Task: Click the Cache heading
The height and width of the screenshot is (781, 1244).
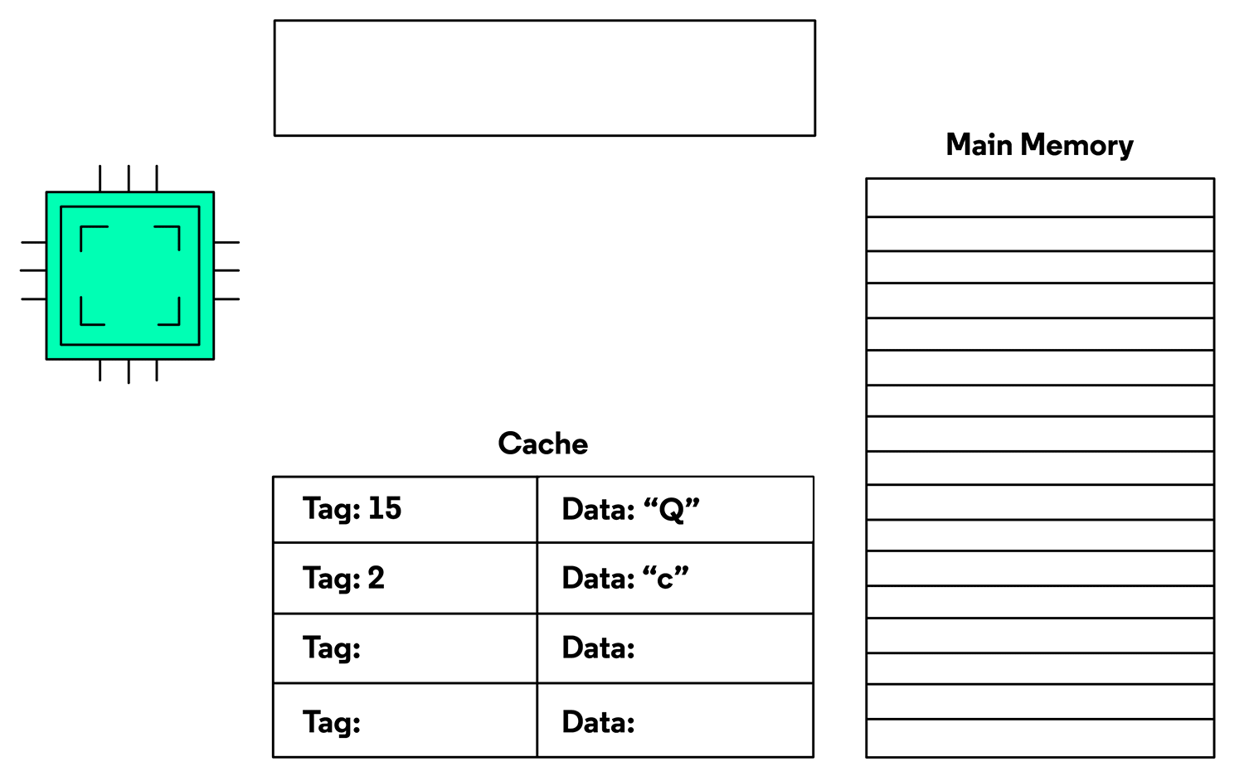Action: (x=542, y=444)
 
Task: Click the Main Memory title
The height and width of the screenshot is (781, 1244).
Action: (x=1040, y=145)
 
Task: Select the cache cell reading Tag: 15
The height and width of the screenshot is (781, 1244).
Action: (x=405, y=509)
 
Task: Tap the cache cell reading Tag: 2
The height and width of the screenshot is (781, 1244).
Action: (x=405, y=578)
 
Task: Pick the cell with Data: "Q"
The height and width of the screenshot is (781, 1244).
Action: (x=675, y=509)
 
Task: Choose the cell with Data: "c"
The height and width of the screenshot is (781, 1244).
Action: (x=675, y=578)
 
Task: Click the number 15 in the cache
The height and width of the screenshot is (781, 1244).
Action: (x=384, y=508)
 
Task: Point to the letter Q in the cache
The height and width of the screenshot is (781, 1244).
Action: (x=671, y=510)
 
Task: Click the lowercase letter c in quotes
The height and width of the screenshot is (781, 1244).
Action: (x=665, y=580)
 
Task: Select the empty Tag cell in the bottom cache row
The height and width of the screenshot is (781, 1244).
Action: (x=405, y=720)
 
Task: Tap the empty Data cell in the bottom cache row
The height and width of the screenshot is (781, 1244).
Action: (x=675, y=720)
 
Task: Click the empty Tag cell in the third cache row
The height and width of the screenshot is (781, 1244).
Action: (x=405, y=648)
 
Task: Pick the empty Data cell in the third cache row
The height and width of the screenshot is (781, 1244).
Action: (x=675, y=648)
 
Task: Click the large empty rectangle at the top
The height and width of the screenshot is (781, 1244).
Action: (x=545, y=78)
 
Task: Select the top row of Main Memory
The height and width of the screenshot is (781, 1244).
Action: (x=1040, y=197)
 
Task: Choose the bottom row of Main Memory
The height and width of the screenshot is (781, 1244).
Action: (x=1040, y=738)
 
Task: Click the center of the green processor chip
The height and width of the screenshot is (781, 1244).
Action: (x=130, y=276)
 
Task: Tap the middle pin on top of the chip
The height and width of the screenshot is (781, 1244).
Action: (x=129, y=178)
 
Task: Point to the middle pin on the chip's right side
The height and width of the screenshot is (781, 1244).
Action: (x=226, y=270)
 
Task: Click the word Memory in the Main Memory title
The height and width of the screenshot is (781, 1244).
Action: (x=1076, y=145)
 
